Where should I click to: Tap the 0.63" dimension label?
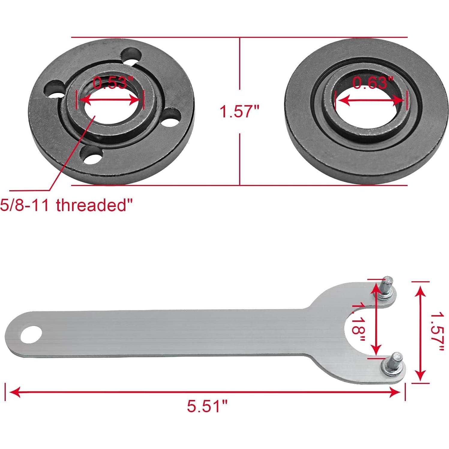pos(373,83)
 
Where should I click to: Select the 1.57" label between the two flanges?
pos(239,112)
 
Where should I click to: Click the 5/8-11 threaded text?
pos(66,205)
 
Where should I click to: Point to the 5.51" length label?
pos(207,406)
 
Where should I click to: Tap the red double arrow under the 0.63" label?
pos(371,100)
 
